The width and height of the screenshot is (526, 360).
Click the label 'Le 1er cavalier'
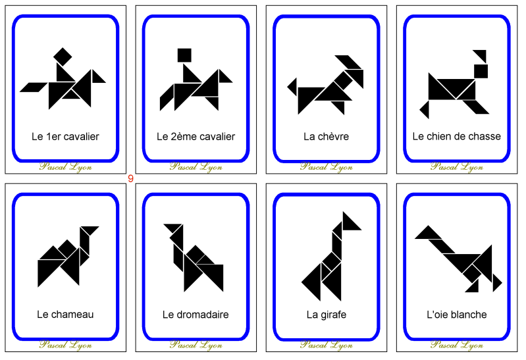pyautogui.click(x=65, y=137)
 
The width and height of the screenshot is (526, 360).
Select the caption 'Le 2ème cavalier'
pyautogui.click(x=196, y=137)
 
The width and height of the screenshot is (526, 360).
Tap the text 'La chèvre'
pyautogui.click(x=326, y=137)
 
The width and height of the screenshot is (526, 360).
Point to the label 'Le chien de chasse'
pyautogui.click(x=456, y=137)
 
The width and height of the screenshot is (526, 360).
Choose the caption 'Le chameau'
pyautogui.click(x=65, y=315)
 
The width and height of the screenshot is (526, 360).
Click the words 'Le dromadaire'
pyautogui.click(x=196, y=315)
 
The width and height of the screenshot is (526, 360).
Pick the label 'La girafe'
pyautogui.click(x=326, y=315)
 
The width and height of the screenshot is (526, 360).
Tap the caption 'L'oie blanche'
pyautogui.click(x=456, y=315)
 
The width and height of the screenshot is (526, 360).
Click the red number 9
pyautogui.click(x=130, y=178)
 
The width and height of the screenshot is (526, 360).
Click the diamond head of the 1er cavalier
pyautogui.click(x=63, y=56)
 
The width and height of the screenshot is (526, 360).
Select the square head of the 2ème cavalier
pyautogui.click(x=184, y=55)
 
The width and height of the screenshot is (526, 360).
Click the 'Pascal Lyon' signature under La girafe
pyautogui.click(x=326, y=344)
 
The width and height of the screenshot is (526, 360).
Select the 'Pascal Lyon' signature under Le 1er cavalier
pyautogui.click(x=65, y=167)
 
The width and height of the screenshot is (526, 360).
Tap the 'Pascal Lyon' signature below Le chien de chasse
pyautogui.click(x=456, y=167)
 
